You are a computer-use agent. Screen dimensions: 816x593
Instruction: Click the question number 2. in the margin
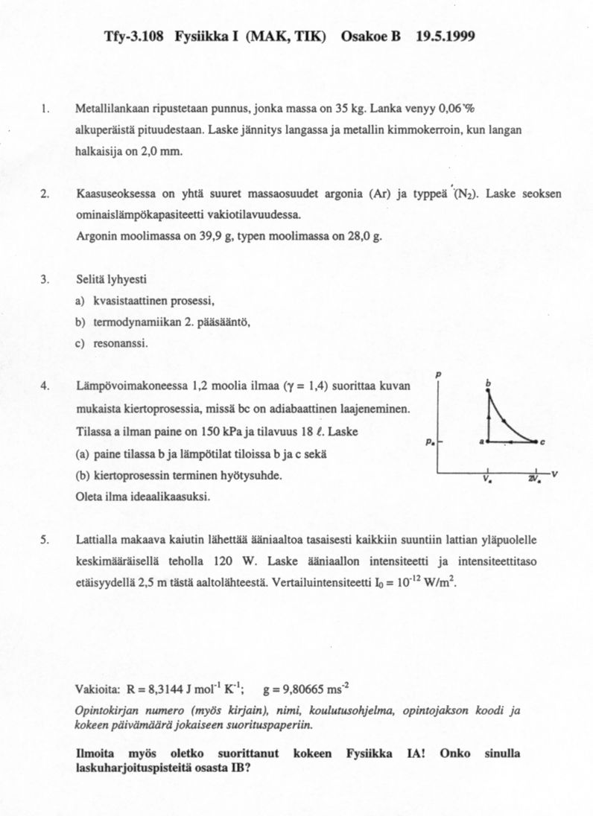[x=45, y=194]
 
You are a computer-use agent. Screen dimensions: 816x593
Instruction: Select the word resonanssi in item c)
[x=121, y=343]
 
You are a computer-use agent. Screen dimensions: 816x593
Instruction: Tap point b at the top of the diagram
[x=489, y=383]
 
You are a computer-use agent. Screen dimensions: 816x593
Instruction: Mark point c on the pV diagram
[x=543, y=442]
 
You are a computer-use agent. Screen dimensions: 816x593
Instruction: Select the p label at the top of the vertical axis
[x=439, y=373]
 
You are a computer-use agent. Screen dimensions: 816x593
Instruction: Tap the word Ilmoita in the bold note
[x=95, y=753]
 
